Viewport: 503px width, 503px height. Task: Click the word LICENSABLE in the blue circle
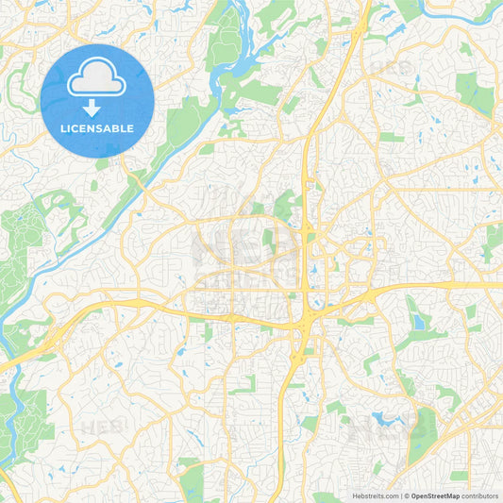(x=97, y=128)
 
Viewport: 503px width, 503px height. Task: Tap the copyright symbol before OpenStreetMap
(x=406, y=495)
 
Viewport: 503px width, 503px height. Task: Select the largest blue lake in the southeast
(x=388, y=417)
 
